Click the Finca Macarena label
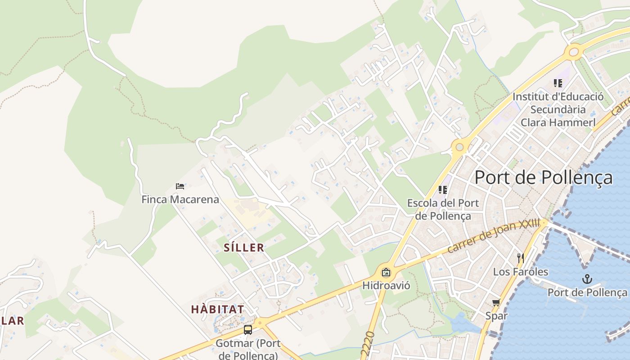180,199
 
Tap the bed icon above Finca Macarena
180,186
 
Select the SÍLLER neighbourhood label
244,247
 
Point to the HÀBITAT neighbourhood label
218,309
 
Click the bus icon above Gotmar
248,330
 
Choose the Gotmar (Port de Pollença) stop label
248,349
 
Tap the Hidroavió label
386,285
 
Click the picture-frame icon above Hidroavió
386,272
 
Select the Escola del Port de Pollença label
443,209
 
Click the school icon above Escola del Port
443,190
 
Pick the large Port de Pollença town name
544,177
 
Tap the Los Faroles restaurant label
521,272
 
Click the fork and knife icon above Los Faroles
521,258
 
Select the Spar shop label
496,315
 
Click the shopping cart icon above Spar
496,302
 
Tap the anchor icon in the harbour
587,279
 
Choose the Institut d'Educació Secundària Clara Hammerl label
558,109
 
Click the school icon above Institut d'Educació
558,83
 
